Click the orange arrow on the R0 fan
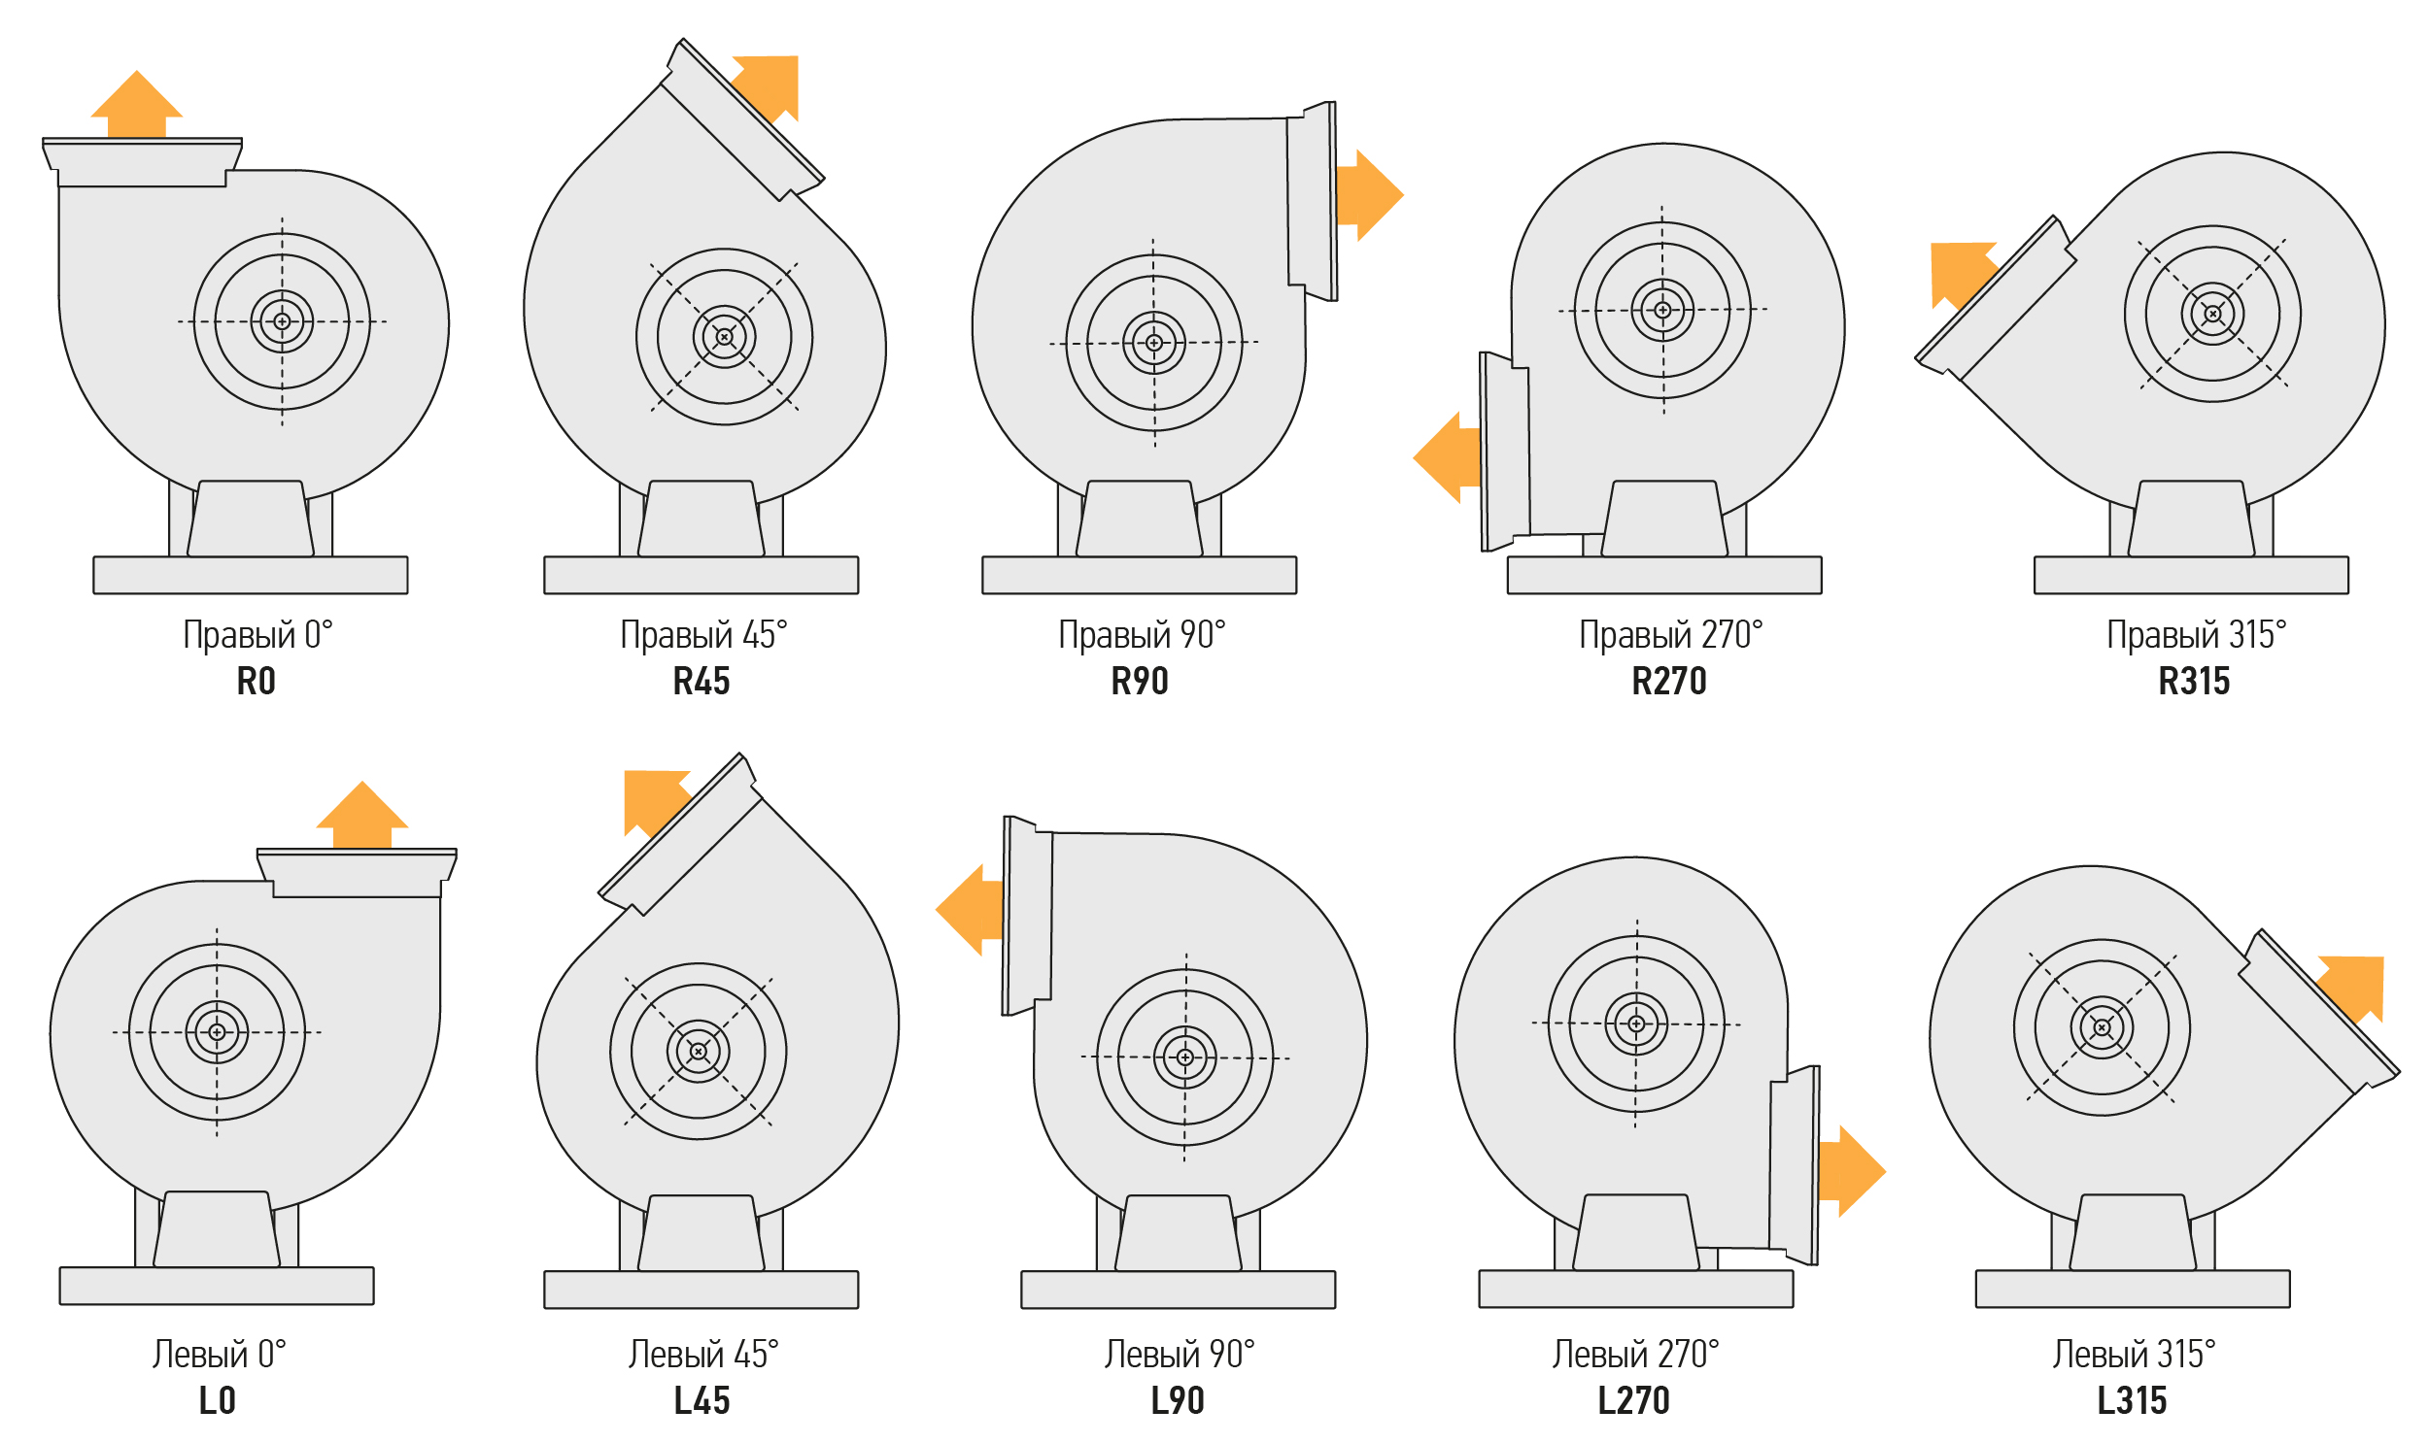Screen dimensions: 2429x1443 pyautogui.click(x=136, y=105)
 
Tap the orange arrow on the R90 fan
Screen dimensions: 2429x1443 pyautogui.click(x=1370, y=194)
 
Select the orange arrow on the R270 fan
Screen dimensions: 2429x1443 pyautogui.click(x=1448, y=457)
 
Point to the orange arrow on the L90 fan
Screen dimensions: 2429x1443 pyautogui.click(x=970, y=910)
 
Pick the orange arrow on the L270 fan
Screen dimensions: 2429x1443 pyautogui.click(x=1852, y=1172)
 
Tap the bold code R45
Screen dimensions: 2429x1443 pyautogui.click(x=701, y=682)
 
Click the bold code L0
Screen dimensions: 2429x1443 pyautogui.click(x=217, y=1401)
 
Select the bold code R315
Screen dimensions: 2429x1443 pyautogui.click(x=2195, y=682)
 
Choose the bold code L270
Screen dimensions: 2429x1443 pyautogui.click(x=1634, y=1401)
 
